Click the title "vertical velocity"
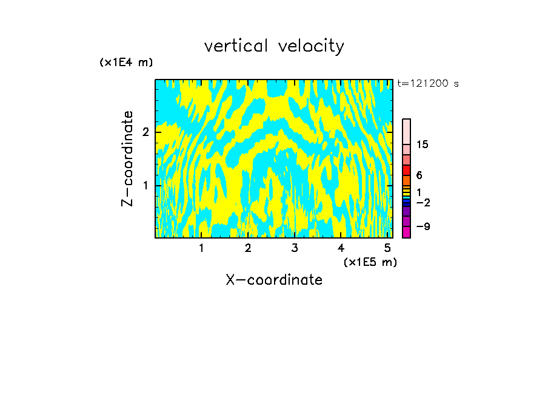pyautogui.click(x=274, y=46)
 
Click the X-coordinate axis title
pyautogui.click(x=274, y=280)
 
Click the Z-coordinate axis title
pyautogui.click(x=127, y=158)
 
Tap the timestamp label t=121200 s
pyautogui.click(x=428, y=84)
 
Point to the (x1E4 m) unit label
pyautogui.click(x=126, y=63)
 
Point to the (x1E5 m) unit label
pyautogui.click(x=370, y=262)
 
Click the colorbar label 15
pyautogui.click(x=423, y=145)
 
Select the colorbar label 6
pyautogui.click(x=419, y=175)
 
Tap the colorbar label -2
pyautogui.click(x=423, y=203)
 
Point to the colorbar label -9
pyautogui.click(x=423, y=226)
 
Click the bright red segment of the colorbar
pyautogui.click(x=406, y=170)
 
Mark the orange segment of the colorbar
pyautogui.click(x=406, y=181)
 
